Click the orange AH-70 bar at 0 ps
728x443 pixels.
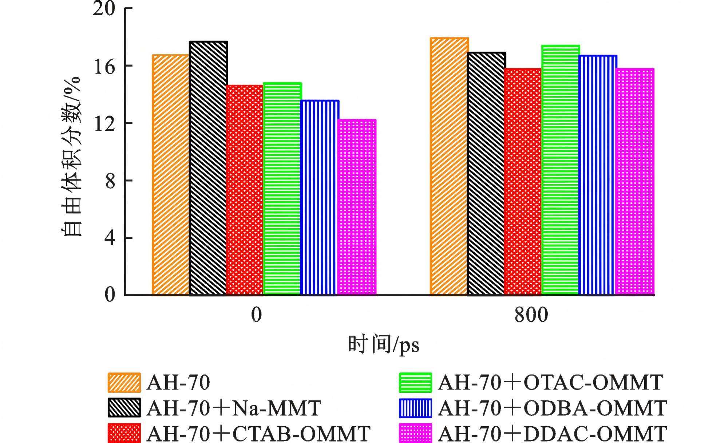(171, 175)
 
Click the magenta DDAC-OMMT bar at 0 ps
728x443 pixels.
(357, 207)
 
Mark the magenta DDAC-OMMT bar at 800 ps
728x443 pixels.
(635, 182)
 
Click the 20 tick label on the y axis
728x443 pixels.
(104, 9)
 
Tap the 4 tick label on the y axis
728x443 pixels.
(110, 238)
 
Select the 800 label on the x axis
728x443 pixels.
(531, 315)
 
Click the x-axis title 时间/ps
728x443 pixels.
(384, 344)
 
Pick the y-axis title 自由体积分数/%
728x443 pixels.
(71, 157)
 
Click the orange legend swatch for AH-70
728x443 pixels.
(124, 383)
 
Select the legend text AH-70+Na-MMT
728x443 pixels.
(234, 408)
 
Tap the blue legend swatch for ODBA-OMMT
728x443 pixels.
(415, 408)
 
